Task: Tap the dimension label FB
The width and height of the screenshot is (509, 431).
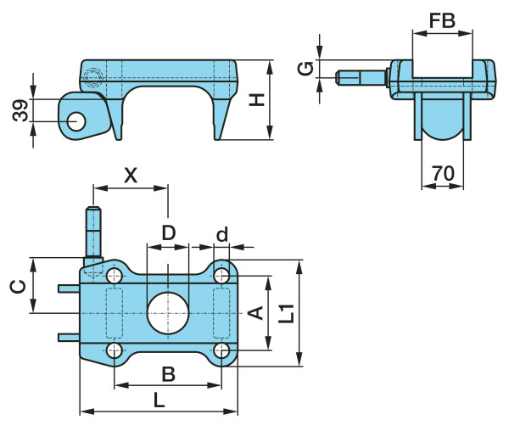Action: point(441,21)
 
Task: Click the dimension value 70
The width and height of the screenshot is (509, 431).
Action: point(443,174)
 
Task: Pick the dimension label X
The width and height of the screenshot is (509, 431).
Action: point(131,175)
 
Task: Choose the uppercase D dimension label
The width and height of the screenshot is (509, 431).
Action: point(168,232)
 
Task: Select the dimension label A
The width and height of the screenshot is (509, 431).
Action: point(253,314)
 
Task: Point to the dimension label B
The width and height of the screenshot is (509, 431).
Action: point(168,372)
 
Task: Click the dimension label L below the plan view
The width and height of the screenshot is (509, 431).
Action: point(159,400)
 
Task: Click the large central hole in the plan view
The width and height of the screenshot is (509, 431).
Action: point(168,312)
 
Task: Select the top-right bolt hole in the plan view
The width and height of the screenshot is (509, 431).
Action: point(221,275)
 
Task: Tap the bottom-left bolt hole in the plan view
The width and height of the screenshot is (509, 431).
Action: point(115,350)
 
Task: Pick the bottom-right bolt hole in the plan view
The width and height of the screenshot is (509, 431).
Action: point(221,350)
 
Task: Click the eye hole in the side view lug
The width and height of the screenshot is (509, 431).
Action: point(76,120)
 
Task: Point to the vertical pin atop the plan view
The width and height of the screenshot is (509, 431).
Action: point(93,232)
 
